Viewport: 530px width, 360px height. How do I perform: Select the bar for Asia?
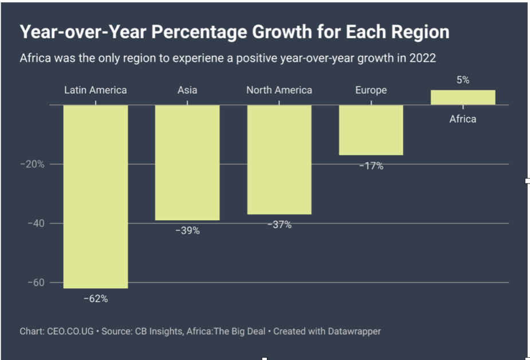[x=187, y=162]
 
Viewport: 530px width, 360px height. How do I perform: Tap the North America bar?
[x=279, y=159]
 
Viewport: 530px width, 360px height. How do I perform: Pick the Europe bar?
[x=371, y=130]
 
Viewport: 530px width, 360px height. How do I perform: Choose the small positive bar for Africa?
[x=462, y=97]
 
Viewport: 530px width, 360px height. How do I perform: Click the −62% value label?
[x=95, y=299]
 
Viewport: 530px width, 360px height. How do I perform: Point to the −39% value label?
[x=187, y=230]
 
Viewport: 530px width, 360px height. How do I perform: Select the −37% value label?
[x=279, y=225]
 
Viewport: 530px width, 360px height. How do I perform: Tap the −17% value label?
[x=371, y=166]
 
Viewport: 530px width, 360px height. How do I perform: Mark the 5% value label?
[x=463, y=80]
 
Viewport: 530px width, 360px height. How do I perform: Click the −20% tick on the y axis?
[x=32, y=164]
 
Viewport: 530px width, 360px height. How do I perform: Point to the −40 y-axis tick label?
[x=36, y=223]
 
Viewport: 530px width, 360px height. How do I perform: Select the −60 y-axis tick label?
[x=36, y=283]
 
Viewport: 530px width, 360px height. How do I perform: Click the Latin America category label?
[x=95, y=90]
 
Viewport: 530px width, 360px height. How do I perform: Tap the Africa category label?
[x=462, y=119]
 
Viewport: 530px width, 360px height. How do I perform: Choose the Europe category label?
[x=371, y=90]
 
